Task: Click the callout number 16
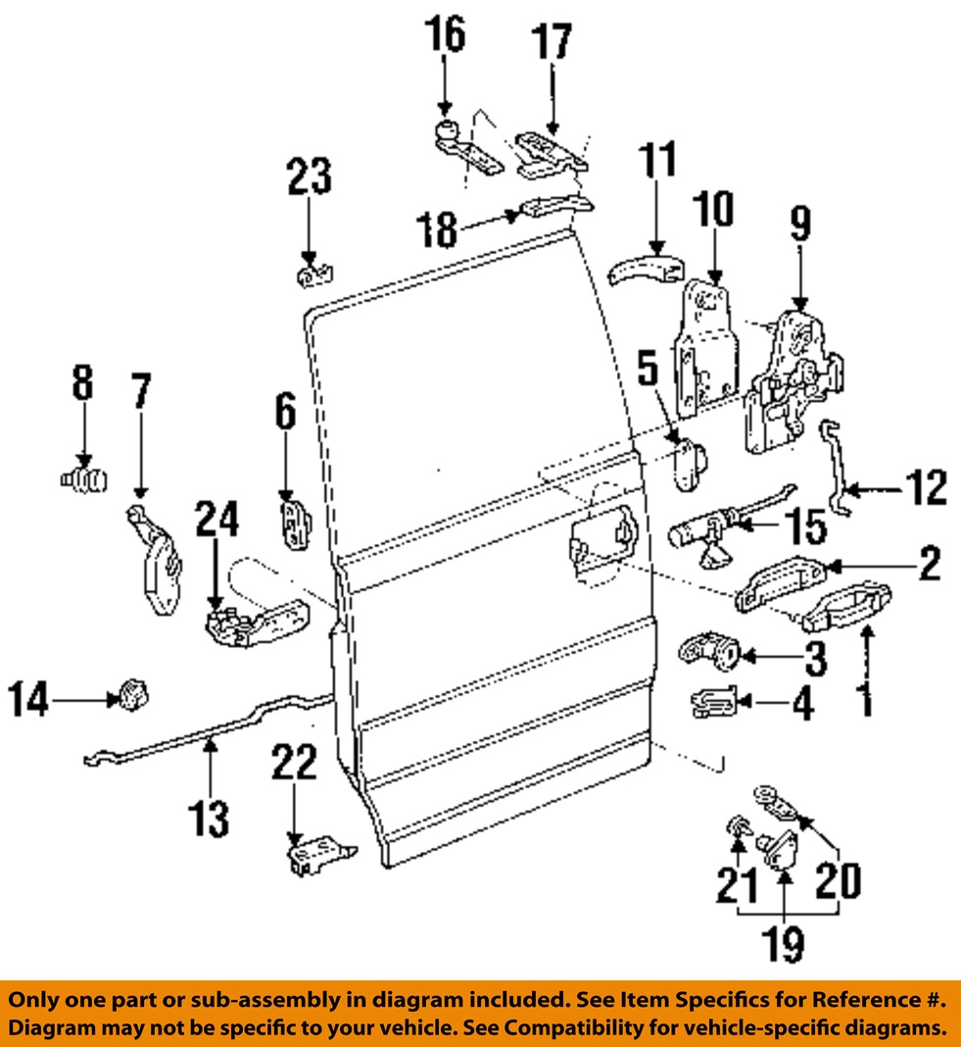click(445, 35)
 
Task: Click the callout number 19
click(786, 943)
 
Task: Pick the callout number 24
click(216, 520)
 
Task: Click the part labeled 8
click(83, 480)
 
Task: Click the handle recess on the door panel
click(600, 549)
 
